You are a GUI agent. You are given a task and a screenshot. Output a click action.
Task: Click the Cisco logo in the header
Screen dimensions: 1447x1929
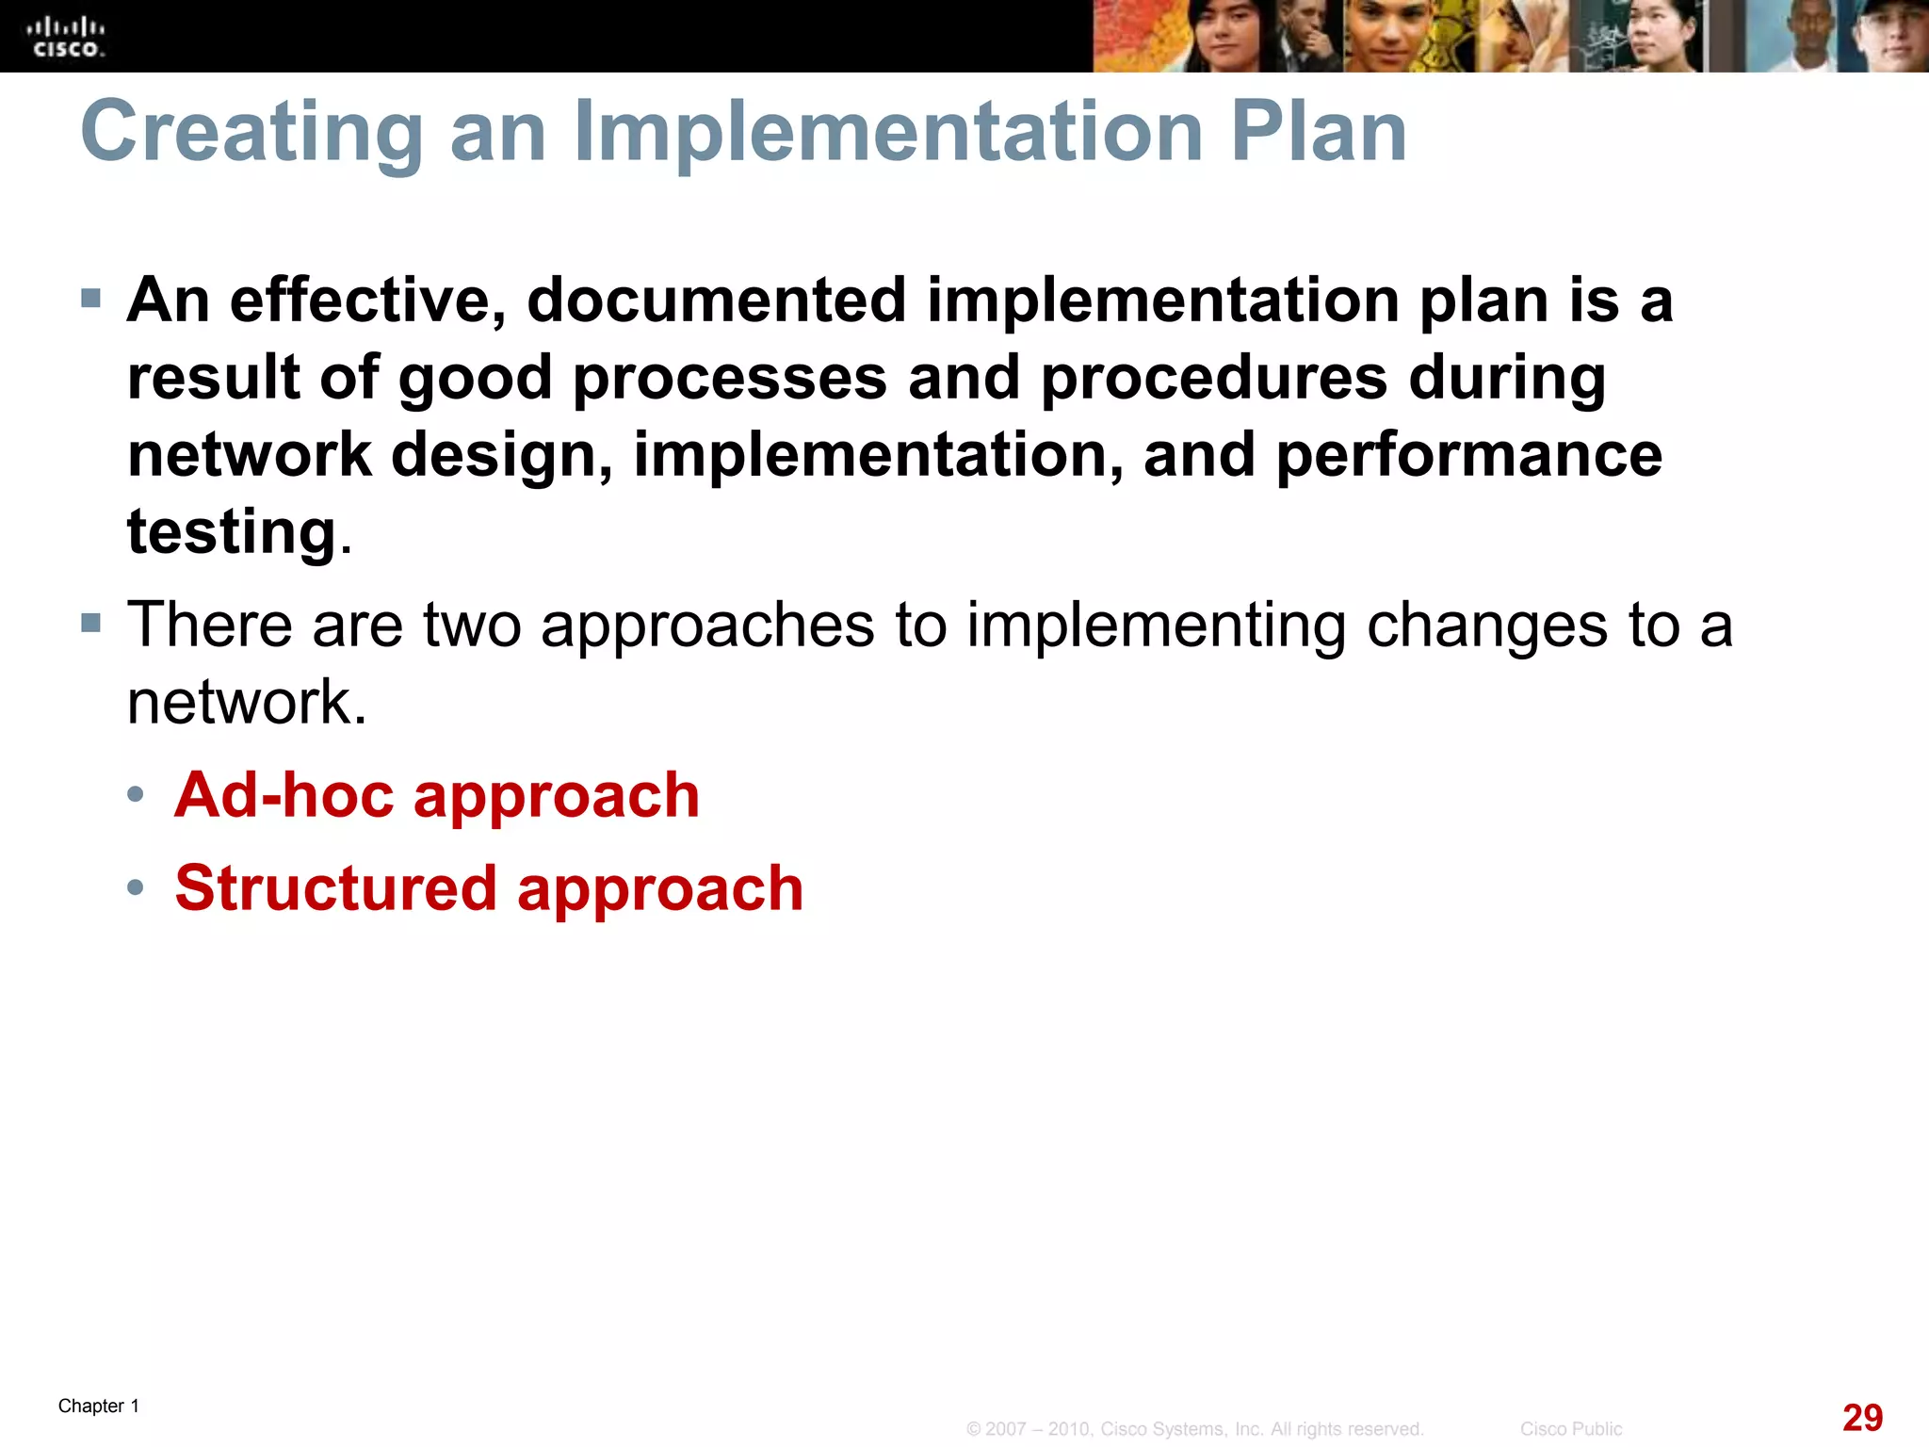click(66, 38)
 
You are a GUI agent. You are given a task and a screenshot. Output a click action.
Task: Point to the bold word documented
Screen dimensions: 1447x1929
click(716, 301)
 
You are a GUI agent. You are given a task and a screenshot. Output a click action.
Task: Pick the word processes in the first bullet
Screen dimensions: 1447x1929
click(730, 379)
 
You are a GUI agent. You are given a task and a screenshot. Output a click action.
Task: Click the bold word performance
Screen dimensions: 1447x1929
click(1468, 455)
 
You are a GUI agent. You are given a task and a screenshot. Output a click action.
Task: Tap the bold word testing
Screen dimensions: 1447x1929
click(232, 533)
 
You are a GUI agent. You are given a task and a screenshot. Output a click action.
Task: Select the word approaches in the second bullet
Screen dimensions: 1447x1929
click(707, 626)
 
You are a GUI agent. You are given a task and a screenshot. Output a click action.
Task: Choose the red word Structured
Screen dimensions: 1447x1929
click(335, 888)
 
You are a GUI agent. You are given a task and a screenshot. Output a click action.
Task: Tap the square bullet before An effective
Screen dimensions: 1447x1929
click(91, 300)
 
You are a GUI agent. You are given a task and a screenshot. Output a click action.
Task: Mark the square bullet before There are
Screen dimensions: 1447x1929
click(91, 623)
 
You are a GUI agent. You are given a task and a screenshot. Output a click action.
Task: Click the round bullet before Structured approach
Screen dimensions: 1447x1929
click(136, 887)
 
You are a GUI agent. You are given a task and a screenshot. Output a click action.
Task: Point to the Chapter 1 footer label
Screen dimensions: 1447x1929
click(99, 1406)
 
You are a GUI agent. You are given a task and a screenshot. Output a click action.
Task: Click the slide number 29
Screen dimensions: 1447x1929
click(1861, 1418)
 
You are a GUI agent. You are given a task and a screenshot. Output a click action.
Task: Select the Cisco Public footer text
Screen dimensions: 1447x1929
click(1570, 1429)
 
